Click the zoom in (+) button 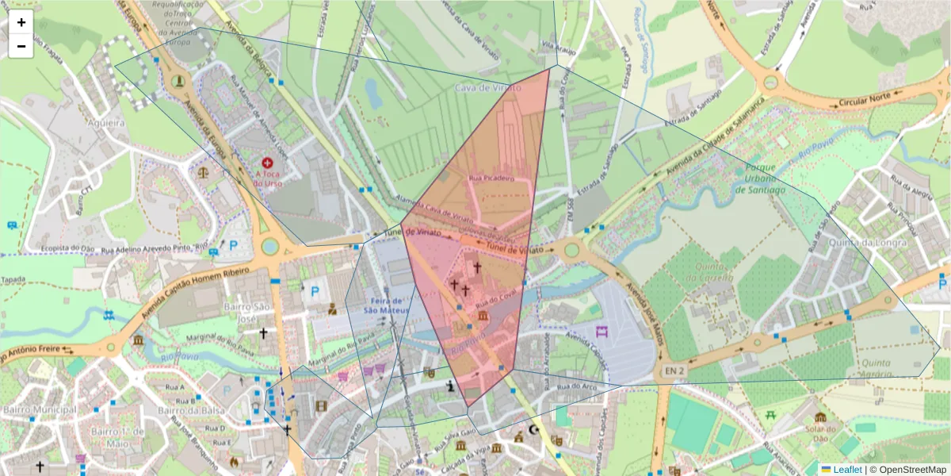coord(21,22)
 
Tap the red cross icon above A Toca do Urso coord(268,162)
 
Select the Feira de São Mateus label coord(385,305)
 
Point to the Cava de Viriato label coord(488,88)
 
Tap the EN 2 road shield coord(674,370)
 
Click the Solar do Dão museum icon coord(820,417)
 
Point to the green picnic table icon coord(770,413)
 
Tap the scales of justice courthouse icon coord(205,170)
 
